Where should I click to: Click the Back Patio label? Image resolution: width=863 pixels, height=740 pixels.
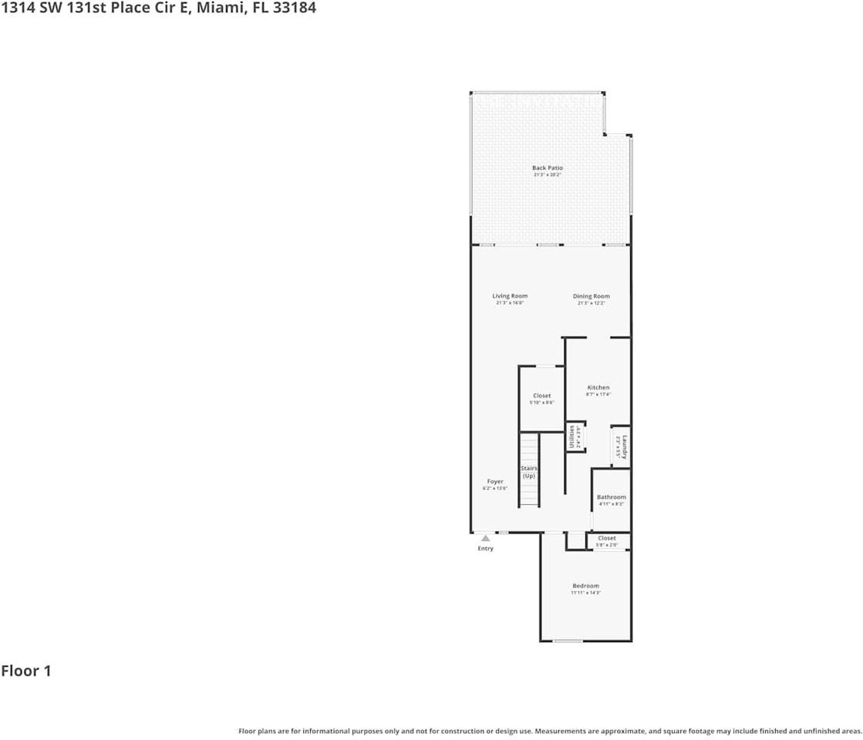click(x=548, y=168)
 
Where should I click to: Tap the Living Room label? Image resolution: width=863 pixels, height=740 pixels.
click(x=510, y=296)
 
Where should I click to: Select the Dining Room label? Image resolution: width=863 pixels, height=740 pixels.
click(x=591, y=296)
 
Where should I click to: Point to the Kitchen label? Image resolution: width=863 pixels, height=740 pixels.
click(x=598, y=388)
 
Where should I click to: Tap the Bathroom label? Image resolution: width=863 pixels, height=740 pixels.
click(x=611, y=497)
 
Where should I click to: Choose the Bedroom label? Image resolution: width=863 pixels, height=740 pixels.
click(x=585, y=586)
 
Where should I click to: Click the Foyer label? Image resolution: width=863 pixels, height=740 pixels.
click(x=494, y=482)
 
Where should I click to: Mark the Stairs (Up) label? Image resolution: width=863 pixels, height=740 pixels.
click(x=528, y=472)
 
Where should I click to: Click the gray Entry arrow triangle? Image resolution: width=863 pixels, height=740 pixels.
click(x=485, y=539)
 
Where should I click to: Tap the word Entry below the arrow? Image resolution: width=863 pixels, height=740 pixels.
click(x=485, y=548)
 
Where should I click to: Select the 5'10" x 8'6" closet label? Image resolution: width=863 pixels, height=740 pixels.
click(x=541, y=402)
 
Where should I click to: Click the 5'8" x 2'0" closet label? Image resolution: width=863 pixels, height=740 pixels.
click(x=607, y=545)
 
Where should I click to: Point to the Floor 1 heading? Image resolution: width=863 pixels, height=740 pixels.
click(x=26, y=671)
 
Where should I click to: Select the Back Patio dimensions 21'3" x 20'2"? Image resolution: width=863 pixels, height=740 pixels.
click(x=548, y=175)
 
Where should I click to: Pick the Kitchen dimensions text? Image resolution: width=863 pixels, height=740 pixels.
click(x=598, y=395)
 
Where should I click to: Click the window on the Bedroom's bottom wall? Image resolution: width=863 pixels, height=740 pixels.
click(x=568, y=641)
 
